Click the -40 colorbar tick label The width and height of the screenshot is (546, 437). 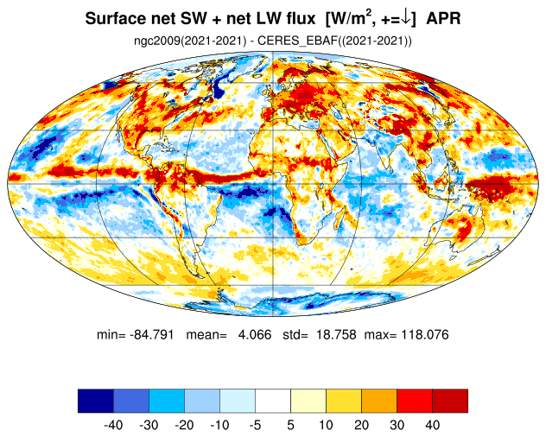113,425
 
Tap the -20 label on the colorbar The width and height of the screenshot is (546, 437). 184,425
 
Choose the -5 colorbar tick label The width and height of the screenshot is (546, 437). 255,425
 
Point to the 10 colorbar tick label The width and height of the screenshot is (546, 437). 326,425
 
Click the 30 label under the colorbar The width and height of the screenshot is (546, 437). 397,425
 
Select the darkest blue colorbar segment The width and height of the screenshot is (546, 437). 95,400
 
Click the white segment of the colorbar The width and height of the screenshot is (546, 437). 272,400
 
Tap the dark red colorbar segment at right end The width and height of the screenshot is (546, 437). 449,400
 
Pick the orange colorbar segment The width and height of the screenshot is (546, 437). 378,400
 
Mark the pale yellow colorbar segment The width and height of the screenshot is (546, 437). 308,400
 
